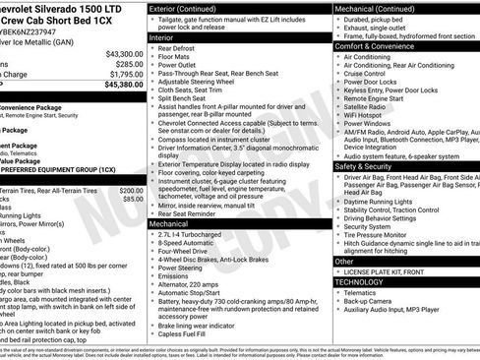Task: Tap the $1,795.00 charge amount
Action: tap(125, 74)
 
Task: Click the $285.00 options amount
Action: tap(126, 64)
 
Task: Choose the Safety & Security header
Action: tap(366, 166)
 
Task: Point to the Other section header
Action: tap(344, 262)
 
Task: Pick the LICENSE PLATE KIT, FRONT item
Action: tap(389, 271)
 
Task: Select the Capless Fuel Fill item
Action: tap(185, 332)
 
